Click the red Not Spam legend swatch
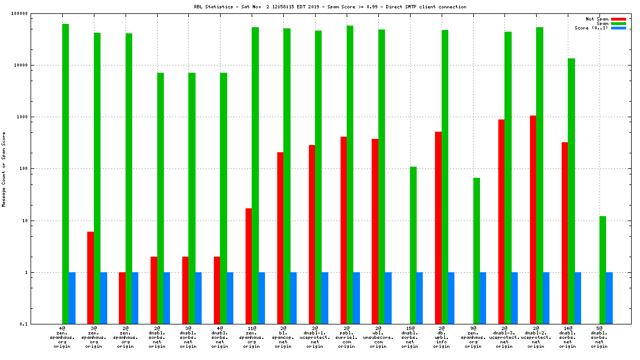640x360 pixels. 618,19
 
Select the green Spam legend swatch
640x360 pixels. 618,23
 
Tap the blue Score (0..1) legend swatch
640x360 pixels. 618,28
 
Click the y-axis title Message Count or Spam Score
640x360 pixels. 4,169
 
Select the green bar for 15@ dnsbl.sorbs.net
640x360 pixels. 413,245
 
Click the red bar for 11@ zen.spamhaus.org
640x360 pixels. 249,266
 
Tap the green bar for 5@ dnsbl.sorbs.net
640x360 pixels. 603,270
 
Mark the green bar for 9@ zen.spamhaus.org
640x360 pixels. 477,251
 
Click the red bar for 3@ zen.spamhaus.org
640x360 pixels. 91,278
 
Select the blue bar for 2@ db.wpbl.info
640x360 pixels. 451,298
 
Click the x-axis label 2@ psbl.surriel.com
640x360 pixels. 347,337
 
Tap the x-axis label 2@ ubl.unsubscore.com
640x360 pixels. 378,337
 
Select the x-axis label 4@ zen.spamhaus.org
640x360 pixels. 62,337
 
